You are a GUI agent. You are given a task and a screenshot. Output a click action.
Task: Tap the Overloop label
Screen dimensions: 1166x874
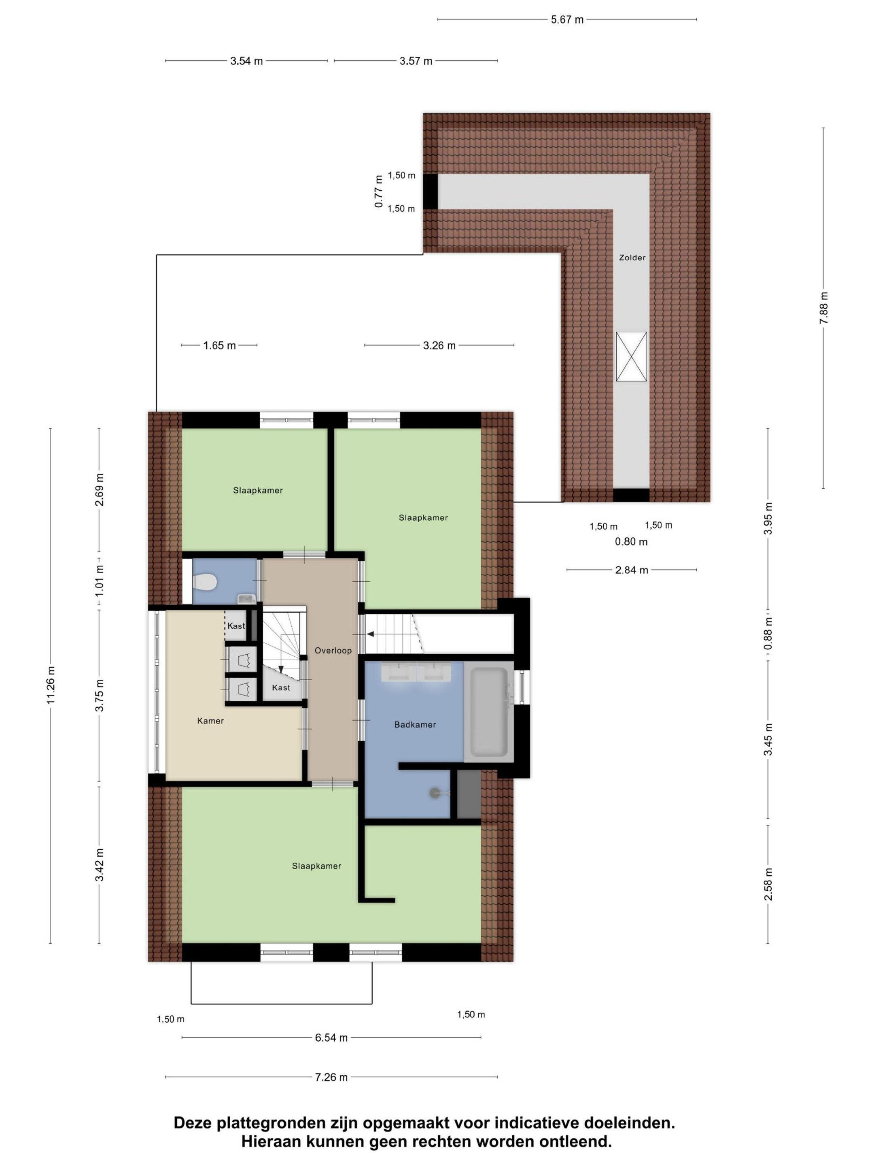(x=333, y=651)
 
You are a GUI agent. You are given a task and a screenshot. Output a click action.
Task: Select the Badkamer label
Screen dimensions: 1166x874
(x=415, y=725)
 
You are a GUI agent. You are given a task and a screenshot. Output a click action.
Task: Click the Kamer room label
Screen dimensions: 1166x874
(x=210, y=721)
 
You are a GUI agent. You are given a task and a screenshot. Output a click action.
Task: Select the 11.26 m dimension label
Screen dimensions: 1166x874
(x=51, y=685)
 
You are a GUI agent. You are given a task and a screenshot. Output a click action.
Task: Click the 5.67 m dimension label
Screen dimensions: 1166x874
(x=567, y=20)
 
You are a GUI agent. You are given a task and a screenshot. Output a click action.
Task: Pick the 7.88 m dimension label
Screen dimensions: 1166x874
(x=824, y=308)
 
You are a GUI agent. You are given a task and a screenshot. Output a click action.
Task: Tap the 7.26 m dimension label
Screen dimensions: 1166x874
(x=331, y=1077)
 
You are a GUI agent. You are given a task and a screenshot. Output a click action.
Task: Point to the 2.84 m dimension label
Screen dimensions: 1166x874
(x=631, y=570)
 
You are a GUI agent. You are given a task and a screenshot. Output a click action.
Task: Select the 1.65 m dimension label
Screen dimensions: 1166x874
(x=219, y=346)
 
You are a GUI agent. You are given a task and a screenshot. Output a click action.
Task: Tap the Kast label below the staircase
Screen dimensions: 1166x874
(x=281, y=687)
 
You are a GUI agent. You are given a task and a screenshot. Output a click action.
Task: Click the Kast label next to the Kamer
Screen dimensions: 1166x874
(x=236, y=626)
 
